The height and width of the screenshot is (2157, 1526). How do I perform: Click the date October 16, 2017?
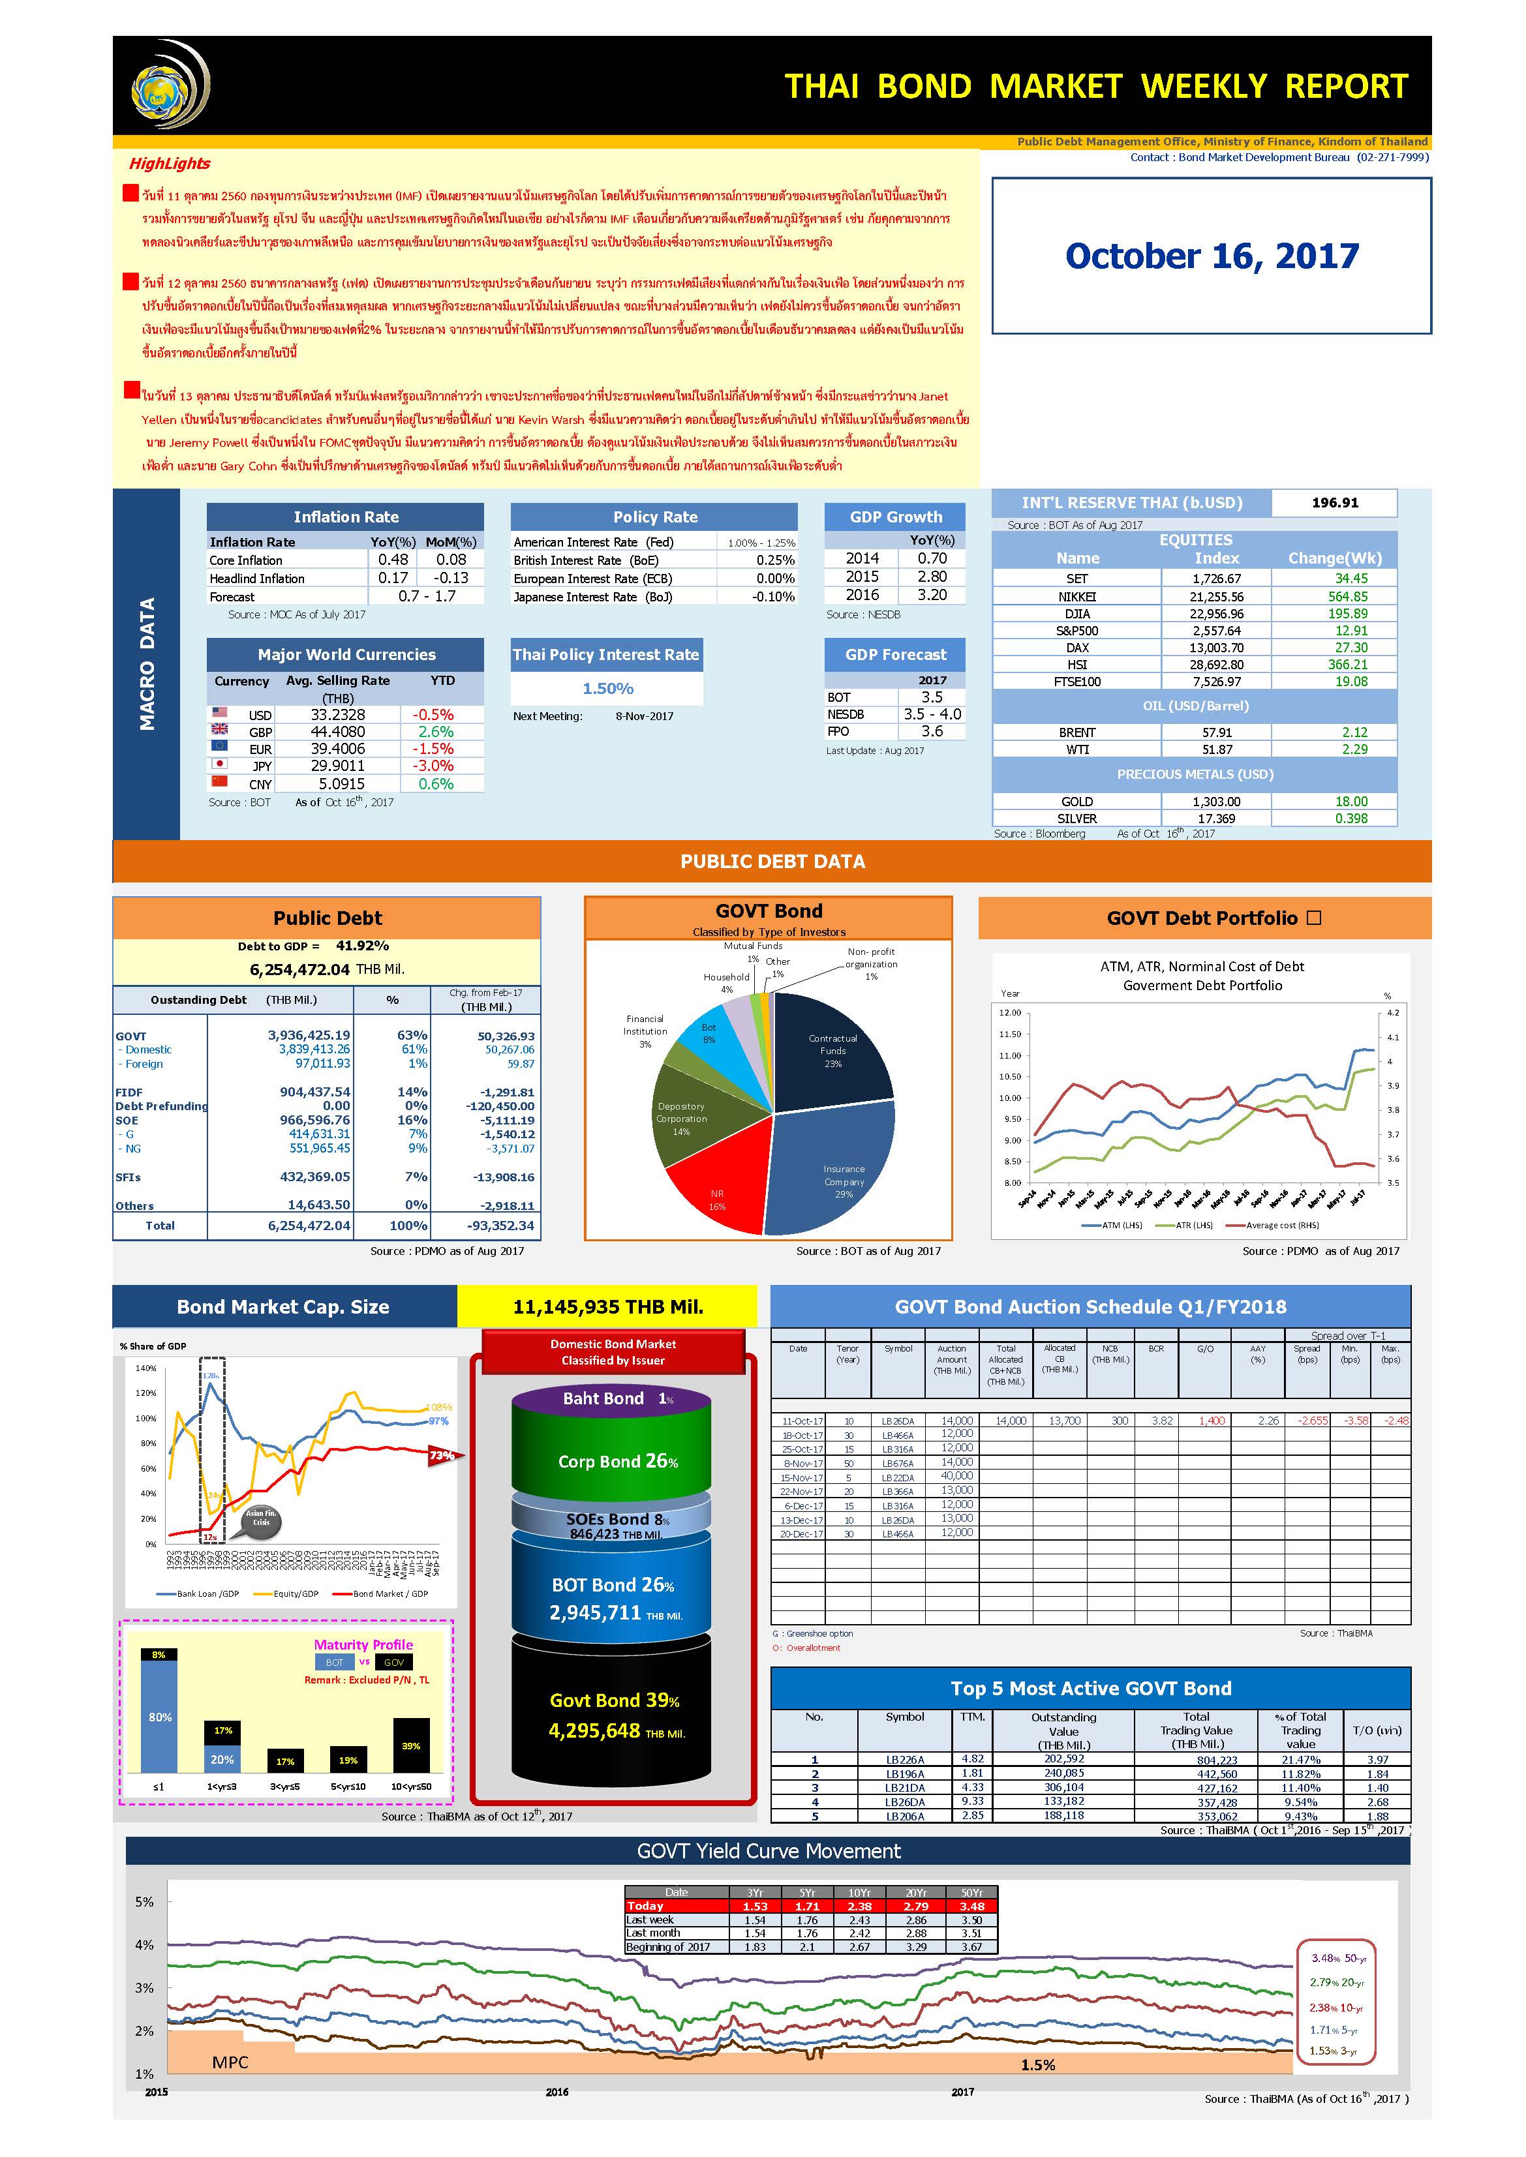(x=1212, y=256)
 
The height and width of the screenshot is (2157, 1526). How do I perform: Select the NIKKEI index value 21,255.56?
(x=1216, y=597)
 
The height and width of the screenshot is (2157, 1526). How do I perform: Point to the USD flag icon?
(x=220, y=713)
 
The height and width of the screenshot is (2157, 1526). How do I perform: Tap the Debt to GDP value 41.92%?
(x=362, y=946)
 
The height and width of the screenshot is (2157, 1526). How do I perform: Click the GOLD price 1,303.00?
(x=1216, y=802)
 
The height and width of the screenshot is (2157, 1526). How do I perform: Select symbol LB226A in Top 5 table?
(x=905, y=1760)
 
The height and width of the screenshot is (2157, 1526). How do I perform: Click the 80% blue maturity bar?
(x=159, y=1718)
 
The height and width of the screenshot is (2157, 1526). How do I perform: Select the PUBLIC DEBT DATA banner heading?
(x=772, y=862)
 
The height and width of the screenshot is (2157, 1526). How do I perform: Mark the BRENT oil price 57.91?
(x=1216, y=732)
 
